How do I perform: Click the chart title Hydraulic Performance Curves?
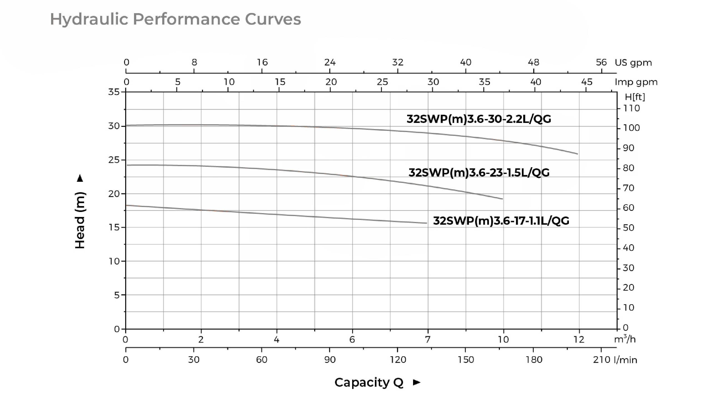[x=175, y=19]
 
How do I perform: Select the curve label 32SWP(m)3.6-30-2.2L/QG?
[x=478, y=119]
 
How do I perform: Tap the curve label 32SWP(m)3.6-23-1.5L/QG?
[x=479, y=172]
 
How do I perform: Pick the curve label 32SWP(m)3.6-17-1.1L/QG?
[x=501, y=221]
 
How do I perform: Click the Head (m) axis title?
[x=80, y=220]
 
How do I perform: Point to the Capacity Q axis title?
[x=369, y=382]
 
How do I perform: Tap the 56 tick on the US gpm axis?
[x=601, y=62]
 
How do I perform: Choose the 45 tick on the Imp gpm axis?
[x=586, y=82]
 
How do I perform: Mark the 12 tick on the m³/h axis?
[x=579, y=339]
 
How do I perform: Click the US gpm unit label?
[x=633, y=62]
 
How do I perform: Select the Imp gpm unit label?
[x=636, y=82]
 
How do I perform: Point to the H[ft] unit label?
[x=635, y=97]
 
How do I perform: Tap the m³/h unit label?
[x=625, y=339]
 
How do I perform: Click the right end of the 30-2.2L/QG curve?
[x=577, y=154]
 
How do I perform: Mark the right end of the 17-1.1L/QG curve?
[x=426, y=223]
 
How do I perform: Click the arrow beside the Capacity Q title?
[x=416, y=382]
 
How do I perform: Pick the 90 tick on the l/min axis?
[x=330, y=359]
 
